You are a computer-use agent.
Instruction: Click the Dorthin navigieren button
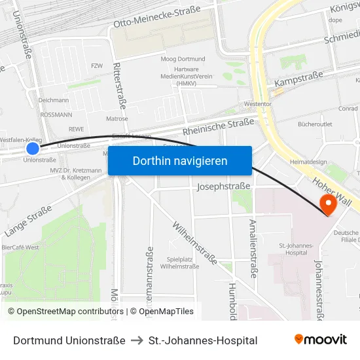click(x=180, y=160)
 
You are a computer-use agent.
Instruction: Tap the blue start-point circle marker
click(x=32, y=149)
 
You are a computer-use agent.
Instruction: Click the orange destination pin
click(x=325, y=205)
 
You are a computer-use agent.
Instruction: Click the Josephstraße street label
click(x=223, y=187)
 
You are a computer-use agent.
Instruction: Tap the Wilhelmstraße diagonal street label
click(x=194, y=242)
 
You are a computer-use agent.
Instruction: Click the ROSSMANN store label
click(x=56, y=115)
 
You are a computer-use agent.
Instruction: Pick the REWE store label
click(x=77, y=129)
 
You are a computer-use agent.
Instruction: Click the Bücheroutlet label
click(x=315, y=124)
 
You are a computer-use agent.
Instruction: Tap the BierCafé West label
click(x=20, y=247)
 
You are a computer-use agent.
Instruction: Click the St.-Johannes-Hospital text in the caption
click(x=203, y=340)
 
